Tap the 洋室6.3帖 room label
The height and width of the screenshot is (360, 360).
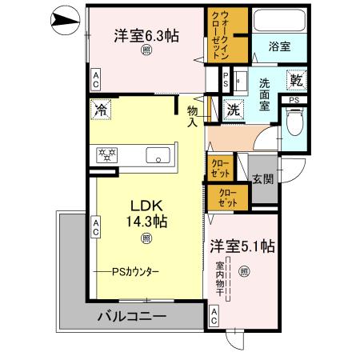[145, 35]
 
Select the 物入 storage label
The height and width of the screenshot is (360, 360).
[193, 116]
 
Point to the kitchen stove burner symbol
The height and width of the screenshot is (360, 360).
[106, 155]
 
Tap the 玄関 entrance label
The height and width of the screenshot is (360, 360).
[262, 179]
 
